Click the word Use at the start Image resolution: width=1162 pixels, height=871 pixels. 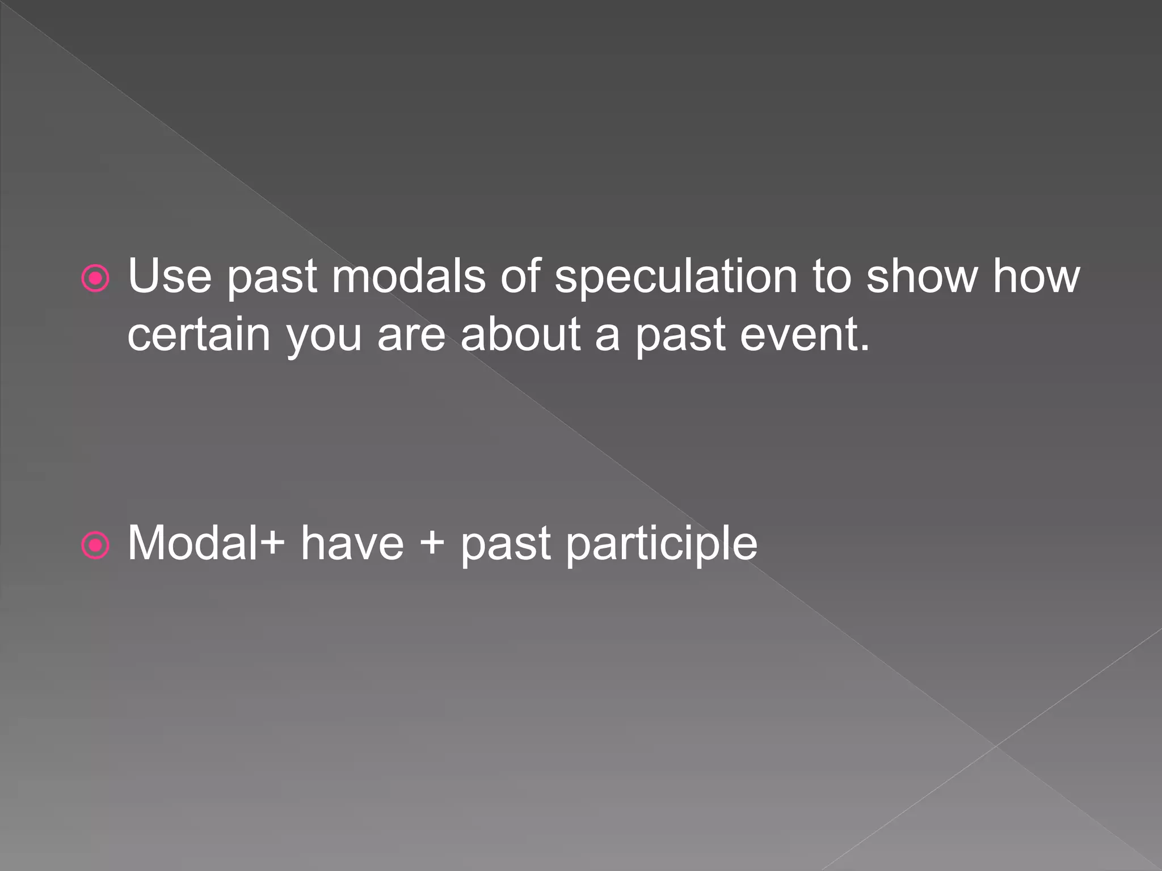[x=169, y=276]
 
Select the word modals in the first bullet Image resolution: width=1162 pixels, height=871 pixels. [x=409, y=276]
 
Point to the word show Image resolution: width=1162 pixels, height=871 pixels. [x=921, y=276]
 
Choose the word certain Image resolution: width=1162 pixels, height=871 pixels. [x=199, y=335]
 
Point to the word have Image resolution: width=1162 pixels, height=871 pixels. [x=352, y=543]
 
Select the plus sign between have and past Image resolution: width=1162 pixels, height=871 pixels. [x=432, y=543]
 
